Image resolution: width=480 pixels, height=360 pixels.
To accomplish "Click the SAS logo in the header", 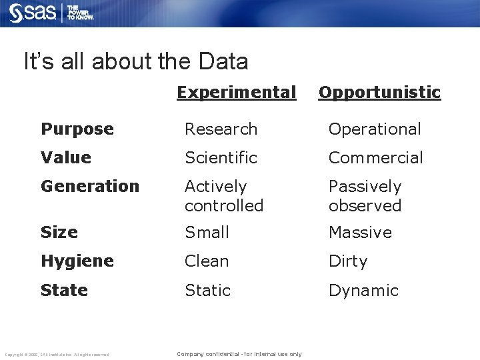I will [x=32, y=13].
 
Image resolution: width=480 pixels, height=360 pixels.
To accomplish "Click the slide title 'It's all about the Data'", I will [x=135, y=62].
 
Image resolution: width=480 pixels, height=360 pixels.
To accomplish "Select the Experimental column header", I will [x=236, y=92].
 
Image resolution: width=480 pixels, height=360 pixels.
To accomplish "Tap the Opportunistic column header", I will [x=379, y=92].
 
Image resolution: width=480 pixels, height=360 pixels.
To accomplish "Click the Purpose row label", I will [x=77, y=129].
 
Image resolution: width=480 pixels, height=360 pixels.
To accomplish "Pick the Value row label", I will [x=65, y=157].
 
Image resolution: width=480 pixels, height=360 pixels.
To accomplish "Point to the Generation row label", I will [x=90, y=186].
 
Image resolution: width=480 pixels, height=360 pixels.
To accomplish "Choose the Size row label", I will [x=59, y=232].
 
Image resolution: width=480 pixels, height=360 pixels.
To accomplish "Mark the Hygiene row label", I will [x=77, y=261].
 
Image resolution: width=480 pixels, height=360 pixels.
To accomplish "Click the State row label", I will [x=64, y=290].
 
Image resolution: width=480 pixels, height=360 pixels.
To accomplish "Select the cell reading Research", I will [x=221, y=129].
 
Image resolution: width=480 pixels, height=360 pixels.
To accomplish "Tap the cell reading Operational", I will [x=375, y=129].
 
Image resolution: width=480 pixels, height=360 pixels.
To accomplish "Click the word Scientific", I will [x=221, y=157].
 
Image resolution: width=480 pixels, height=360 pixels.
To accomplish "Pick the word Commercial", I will [x=375, y=157].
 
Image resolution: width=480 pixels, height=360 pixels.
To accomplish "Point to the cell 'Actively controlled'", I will [x=224, y=196].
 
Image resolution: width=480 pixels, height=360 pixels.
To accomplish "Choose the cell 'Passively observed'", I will [x=365, y=196].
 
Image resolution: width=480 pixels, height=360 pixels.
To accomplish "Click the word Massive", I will [x=360, y=232].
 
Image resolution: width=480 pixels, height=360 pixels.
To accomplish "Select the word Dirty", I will [x=348, y=261].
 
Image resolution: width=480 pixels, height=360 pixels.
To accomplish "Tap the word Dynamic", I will [x=363, y=290].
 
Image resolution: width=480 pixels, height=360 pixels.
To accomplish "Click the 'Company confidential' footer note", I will [x=239, y=354].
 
